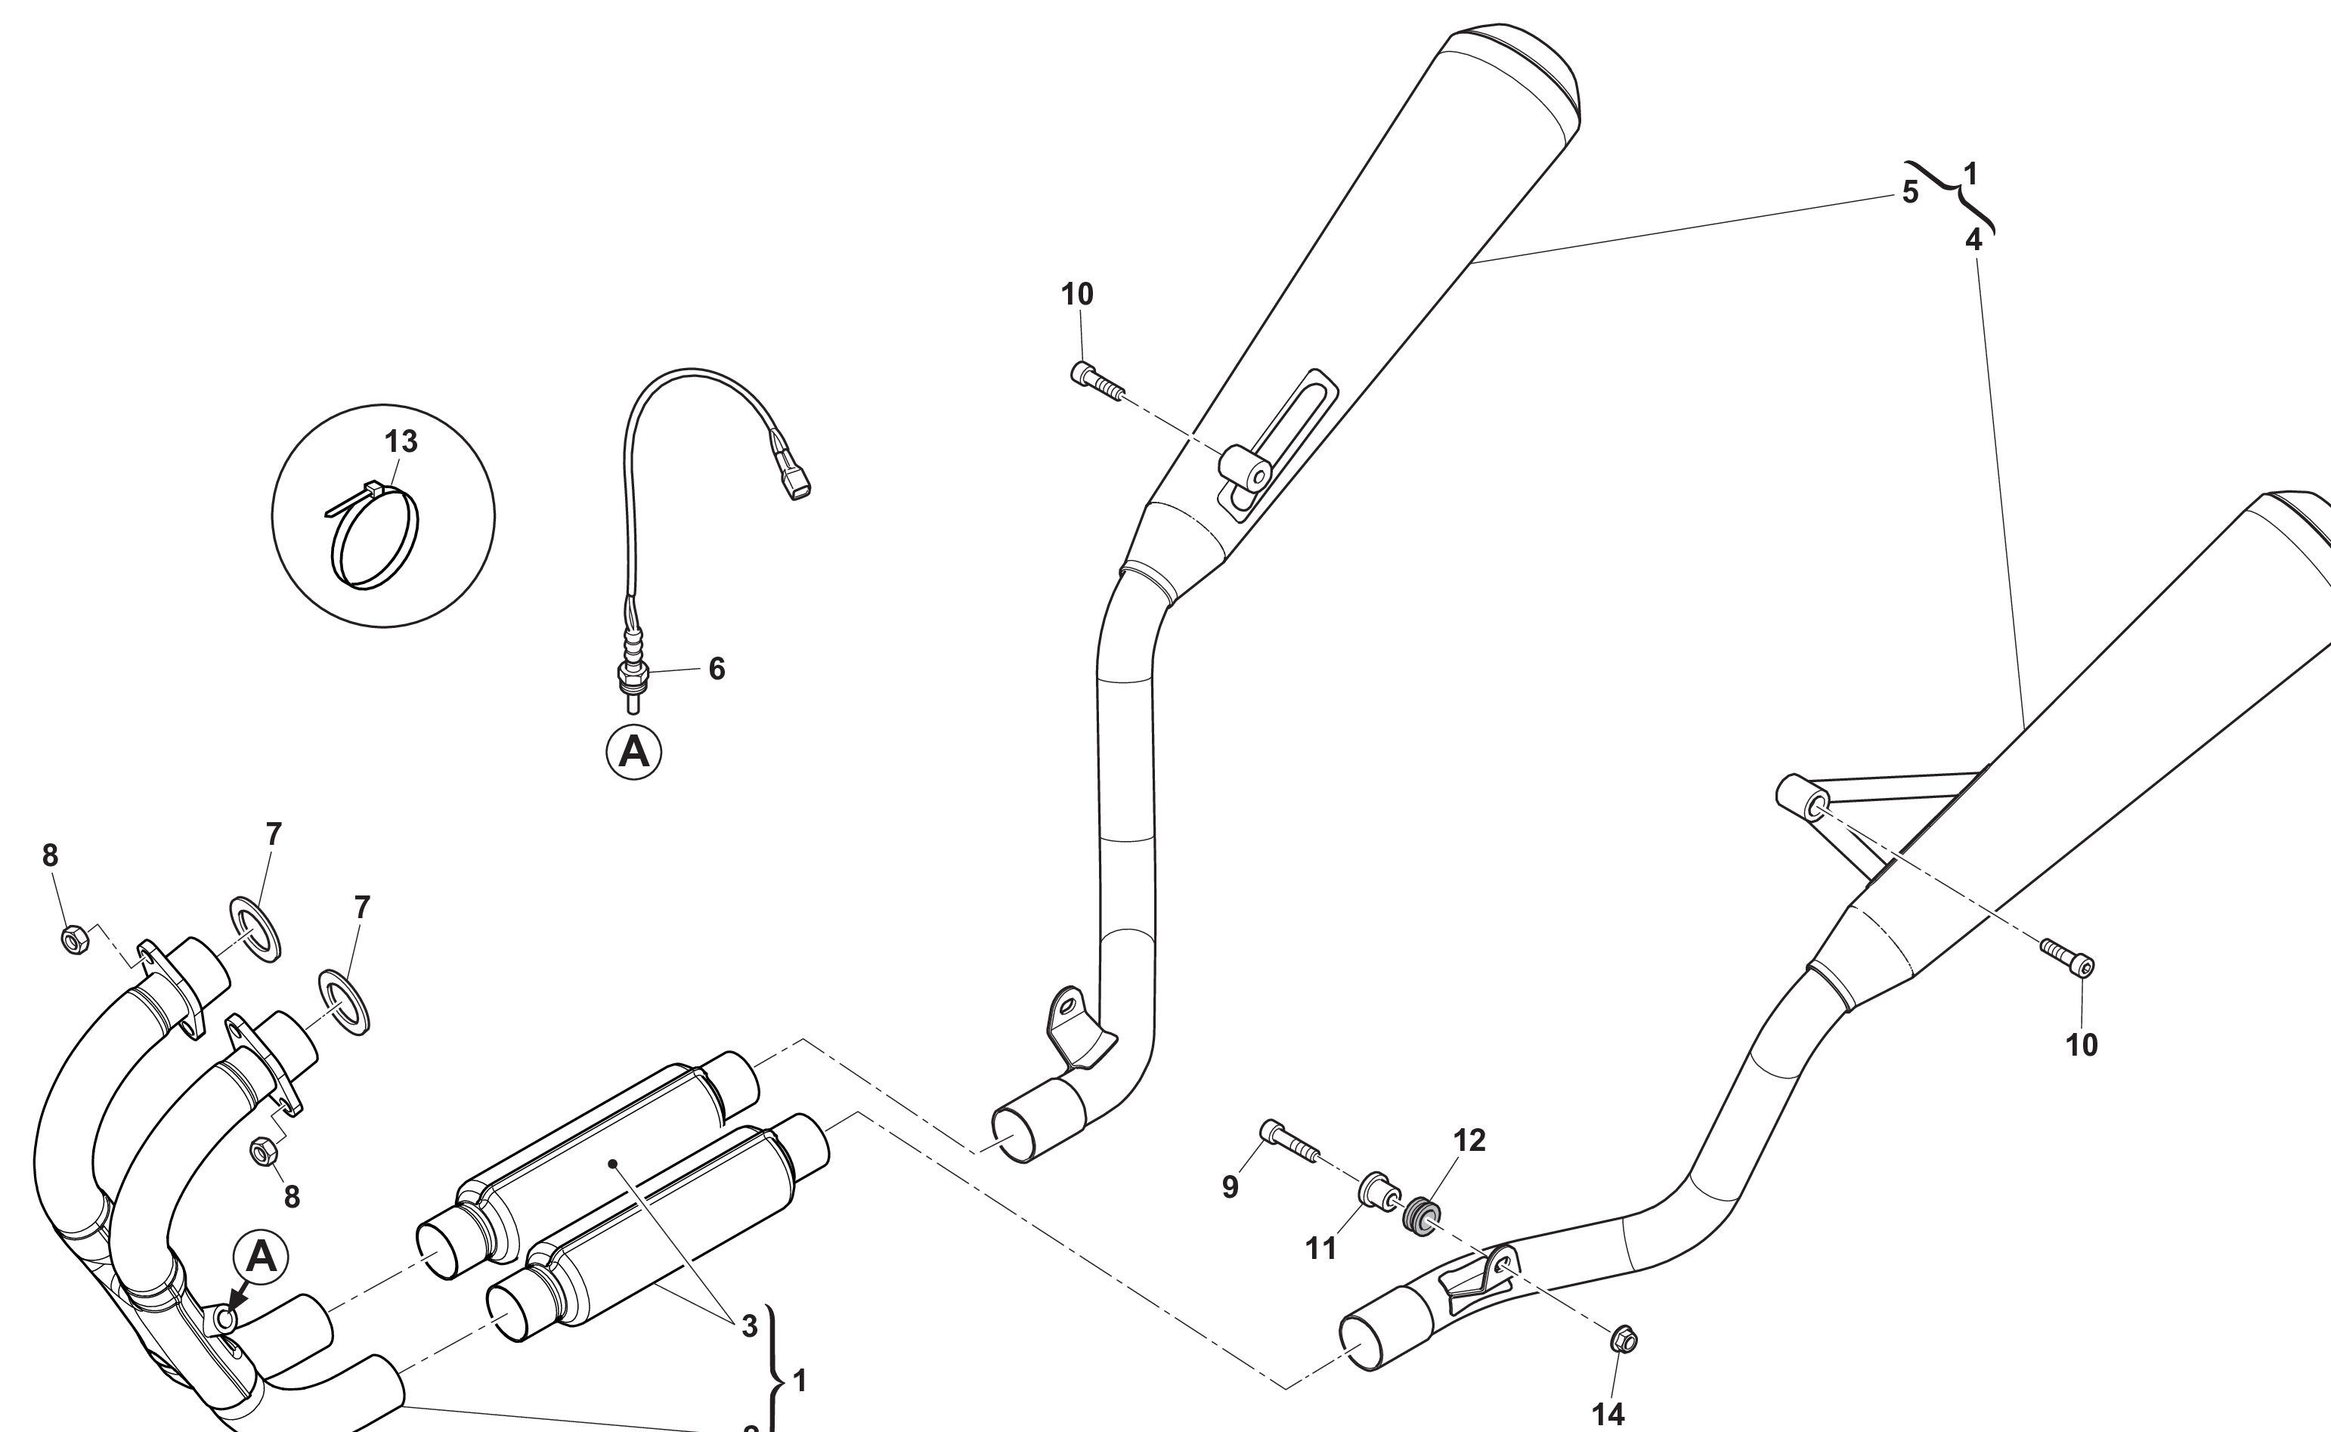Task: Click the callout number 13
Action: (401, 441)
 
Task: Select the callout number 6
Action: (717, 669)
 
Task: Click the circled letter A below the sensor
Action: (633, 752)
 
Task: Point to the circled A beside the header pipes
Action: (262, 1257)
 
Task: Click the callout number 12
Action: (1469, 1140)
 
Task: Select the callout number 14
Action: (1608, 1414)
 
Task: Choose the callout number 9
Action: (1230, 1186)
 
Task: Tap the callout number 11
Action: (1321, 1248)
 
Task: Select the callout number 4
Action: (1973, 240)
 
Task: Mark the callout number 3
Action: (749, 1327)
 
